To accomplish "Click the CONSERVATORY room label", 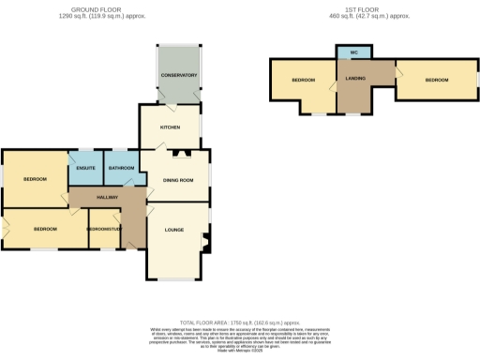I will [178, 75].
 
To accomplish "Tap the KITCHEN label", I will [170, 126].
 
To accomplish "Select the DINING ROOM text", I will [178, 180].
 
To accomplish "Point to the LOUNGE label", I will [174, 230].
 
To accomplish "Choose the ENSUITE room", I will [86, 169].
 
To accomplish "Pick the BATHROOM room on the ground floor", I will [121, 169].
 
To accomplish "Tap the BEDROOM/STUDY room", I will [104, 230].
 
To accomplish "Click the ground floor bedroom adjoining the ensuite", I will [35, 178].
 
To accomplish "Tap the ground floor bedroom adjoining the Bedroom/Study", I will [45, 229].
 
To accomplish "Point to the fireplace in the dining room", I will [179, 151].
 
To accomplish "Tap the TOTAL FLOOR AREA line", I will [240, 322].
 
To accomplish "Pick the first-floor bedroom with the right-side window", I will [437, 81].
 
